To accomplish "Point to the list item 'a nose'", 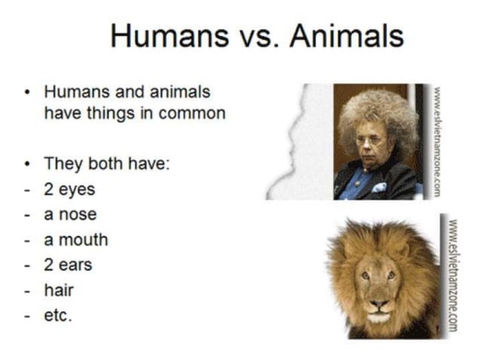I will tap(70, 215).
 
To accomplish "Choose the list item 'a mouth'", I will tap(75, 239).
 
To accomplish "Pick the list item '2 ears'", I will tap(69, 265).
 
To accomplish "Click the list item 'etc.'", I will tap(58, 316).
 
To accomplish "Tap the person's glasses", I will tap(370, 141).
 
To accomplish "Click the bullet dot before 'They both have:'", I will tap(28, 163).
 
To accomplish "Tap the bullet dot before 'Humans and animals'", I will tap(28, 93).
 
